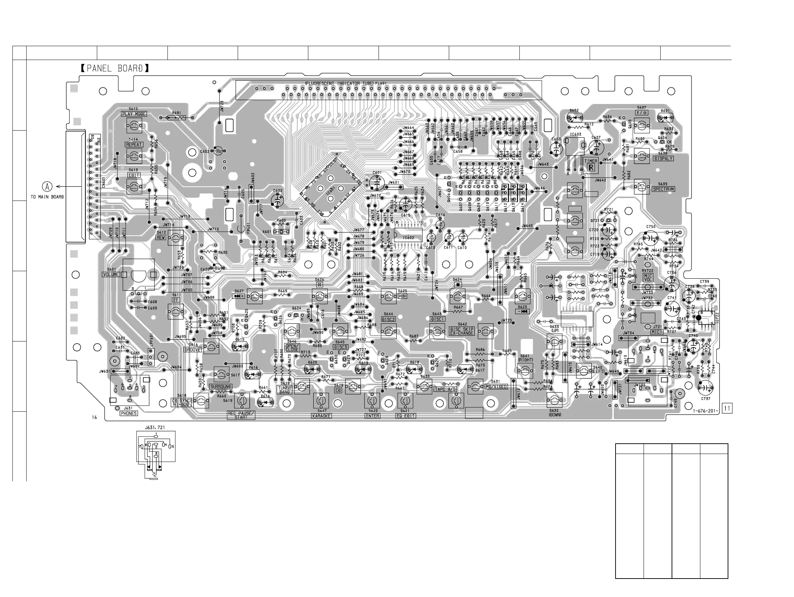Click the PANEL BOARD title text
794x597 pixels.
click(x=115, y=68)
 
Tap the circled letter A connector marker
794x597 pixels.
click(x=48, y=187)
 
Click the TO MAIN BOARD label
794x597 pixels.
click(x=47, y=197)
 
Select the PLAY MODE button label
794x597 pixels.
click(x=134, y=114)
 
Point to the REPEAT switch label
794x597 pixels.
click(x=134, y=145)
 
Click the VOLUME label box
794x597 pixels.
click(x=111, y=275)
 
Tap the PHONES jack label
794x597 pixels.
click(x=128, y=413)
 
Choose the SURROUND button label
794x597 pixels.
click(x=221, y=387)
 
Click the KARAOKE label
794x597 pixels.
click(x=321, y=416)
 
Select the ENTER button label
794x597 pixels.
click(x=372, y=416)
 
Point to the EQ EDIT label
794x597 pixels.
click(x=406, y=416)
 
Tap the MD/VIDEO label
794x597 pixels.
click(x=496, y=387)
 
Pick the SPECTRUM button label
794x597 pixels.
click(x=663, y=189)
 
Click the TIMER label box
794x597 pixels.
click(x=590, y=161)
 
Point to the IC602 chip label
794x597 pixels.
click(x=408, y=238)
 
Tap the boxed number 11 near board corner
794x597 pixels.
click(x=727, y=409)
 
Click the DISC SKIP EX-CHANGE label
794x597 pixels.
click(x=462, y=331)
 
